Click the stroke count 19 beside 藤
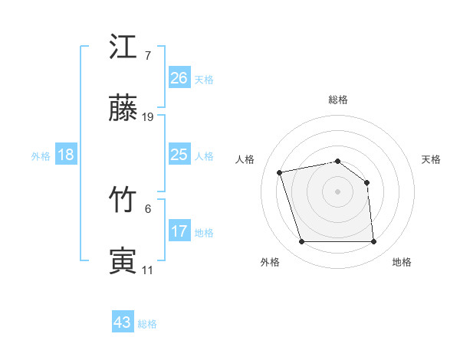pos(148,117)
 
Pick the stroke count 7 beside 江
pos(147,56)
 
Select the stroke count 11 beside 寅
pos(147,270)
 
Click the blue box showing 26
pos(179,78)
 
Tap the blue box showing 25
pos(179,155)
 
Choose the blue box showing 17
pos(179,231)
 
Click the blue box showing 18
pos(66,155)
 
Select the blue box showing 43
pos(123,322)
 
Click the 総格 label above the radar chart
pos(338,100)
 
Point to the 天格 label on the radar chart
pos(432,159)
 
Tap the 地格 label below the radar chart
pos(402,262)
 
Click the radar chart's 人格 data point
pos(280,172)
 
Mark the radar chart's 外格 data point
pos(301,242)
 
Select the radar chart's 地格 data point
pos(374,242)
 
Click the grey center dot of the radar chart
pos(338,191)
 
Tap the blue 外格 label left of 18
pos(41,156)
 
